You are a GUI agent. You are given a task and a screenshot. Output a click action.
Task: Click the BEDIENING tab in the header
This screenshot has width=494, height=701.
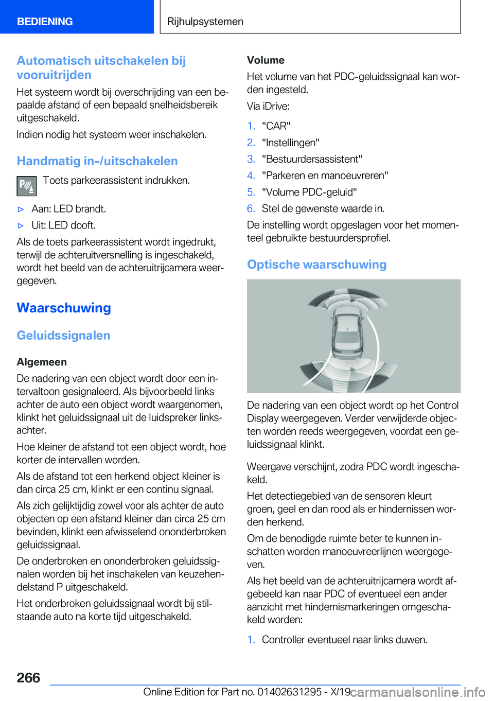click(x=45, y=22)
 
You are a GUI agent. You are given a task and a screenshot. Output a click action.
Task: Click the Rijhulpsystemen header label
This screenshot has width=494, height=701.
click(x=205, y=22)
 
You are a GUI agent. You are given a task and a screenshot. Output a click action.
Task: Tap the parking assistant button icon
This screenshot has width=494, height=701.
click(x=27, y=186)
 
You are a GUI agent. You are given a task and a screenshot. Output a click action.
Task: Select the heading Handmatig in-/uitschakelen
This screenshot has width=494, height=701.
click(x=97, y=161)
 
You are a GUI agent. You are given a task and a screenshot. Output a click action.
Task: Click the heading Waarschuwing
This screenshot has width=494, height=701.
click(x=64, y=308)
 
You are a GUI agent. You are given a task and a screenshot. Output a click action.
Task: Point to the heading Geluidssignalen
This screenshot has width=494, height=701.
click(x=63, y=336)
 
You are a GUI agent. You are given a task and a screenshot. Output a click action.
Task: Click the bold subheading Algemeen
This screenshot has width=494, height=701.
click(x=42, y=362)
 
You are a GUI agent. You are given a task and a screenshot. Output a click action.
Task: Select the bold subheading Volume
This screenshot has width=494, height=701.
click(x=266, y=60)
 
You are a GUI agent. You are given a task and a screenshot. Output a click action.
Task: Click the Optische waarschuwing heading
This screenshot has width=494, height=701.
click(x=316, y=265)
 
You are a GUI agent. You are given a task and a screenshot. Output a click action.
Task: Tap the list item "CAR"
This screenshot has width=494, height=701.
click(x=276, y=126)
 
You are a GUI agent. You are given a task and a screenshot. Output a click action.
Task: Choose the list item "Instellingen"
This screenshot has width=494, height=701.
click(x=290, y=143)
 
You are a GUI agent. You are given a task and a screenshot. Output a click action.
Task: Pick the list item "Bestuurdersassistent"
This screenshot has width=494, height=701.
click(x=312, y=159)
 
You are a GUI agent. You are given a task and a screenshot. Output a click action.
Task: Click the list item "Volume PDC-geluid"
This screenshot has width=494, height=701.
click(x=309, y=192)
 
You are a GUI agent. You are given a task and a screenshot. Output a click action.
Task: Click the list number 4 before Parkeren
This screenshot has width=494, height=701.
click(x=251, y=176)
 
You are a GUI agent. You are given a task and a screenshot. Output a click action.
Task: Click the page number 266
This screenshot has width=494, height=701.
click(x=28, y=678)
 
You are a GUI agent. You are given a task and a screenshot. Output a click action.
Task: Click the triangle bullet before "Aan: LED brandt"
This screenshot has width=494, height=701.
click(x=21, y=209)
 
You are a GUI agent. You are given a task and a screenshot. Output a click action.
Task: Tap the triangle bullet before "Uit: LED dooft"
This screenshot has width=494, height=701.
click(x=21, y=225)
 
